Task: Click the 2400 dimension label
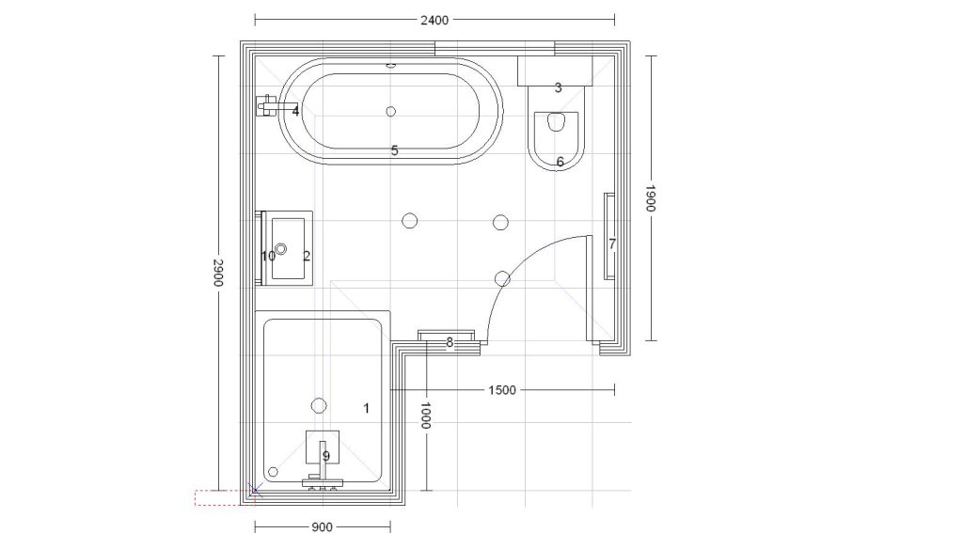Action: (x=434, y=21)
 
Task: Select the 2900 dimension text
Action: (x=218, y=273)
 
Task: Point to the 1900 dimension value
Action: (x=651, y=197)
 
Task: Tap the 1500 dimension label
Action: (x=502, y=390)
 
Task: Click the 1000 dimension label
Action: (x=426, y=416)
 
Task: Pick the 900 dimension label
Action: (x=322, y=526)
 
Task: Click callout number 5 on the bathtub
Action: (x=395, y=150)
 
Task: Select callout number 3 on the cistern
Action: (x=559, y=87)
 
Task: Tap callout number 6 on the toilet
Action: (x=560, y=162)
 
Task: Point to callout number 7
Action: (x=612, y=244)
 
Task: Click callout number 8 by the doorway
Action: (x=450, y=343)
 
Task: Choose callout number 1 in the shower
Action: (x=367, y=408)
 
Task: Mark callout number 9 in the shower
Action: (x=326, y=456)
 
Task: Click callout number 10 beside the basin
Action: (x=268, y=256)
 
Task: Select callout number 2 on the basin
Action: (x=308, y=256)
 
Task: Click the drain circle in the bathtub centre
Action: (x=390, y=111)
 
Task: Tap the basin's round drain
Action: (x=281, y=249)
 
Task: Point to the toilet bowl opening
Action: (x=556, y=121)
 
